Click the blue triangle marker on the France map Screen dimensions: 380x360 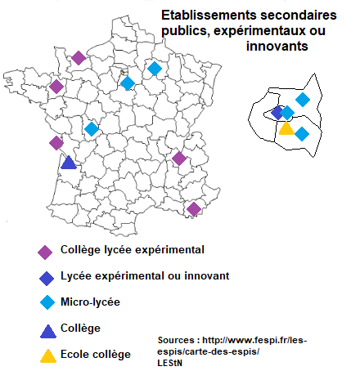69,162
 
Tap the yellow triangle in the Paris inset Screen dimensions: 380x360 286,127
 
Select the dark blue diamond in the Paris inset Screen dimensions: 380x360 277,113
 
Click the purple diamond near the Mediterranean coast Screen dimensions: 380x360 194,208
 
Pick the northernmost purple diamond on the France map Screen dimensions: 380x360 78,57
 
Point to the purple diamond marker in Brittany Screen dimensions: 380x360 56,87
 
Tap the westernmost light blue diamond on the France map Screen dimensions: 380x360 92,128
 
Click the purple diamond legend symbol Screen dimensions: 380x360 47,251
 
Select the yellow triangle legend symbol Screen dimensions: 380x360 48,355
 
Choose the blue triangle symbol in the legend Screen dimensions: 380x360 47,329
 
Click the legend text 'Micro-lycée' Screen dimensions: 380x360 90,302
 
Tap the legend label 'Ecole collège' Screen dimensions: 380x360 96,355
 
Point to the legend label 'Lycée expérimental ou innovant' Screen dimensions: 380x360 144,276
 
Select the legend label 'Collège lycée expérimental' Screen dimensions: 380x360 133,249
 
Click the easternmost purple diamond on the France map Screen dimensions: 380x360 194,208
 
